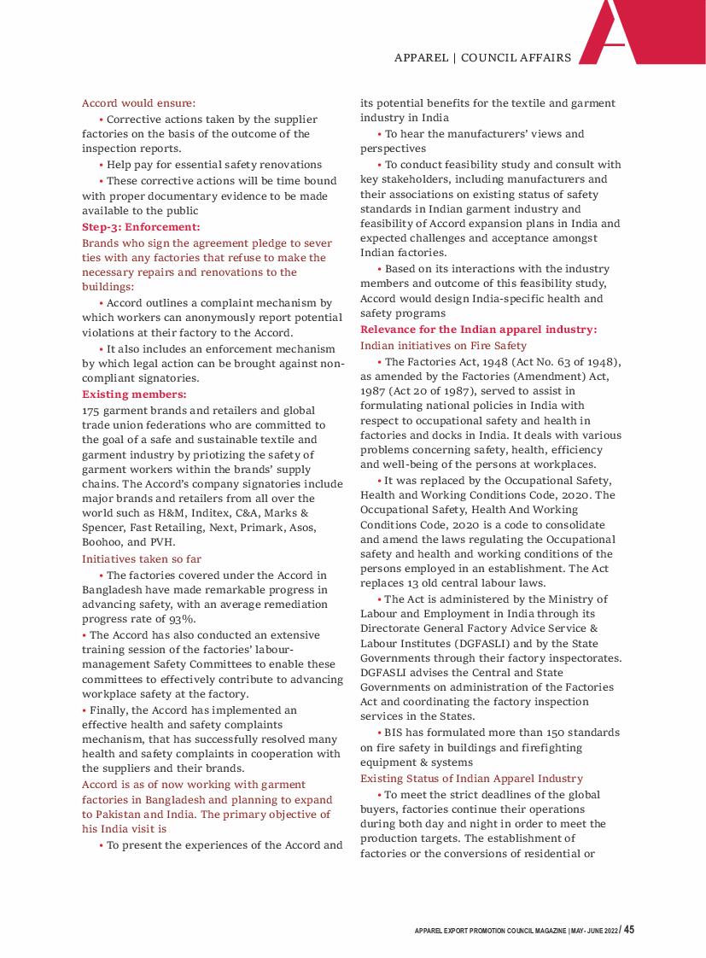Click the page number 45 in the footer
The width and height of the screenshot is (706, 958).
coord(628,930)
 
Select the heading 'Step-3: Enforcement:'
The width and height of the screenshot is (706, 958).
coord(141,227)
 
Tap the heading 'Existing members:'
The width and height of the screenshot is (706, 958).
coord(134,394)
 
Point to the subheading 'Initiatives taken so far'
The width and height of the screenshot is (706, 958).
coord(142,559)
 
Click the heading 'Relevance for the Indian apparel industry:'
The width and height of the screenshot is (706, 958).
coord(479,330)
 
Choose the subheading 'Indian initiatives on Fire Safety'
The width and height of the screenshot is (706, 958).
coord(444,346)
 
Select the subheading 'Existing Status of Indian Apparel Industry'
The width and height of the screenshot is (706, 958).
coord(472,779)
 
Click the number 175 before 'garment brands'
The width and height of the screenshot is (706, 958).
coord(92,411)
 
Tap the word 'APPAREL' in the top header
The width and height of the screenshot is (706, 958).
coord(422,58)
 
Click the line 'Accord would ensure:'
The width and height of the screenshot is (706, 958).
coord(139,103)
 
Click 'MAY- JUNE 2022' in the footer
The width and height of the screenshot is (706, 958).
coord(593,932)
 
